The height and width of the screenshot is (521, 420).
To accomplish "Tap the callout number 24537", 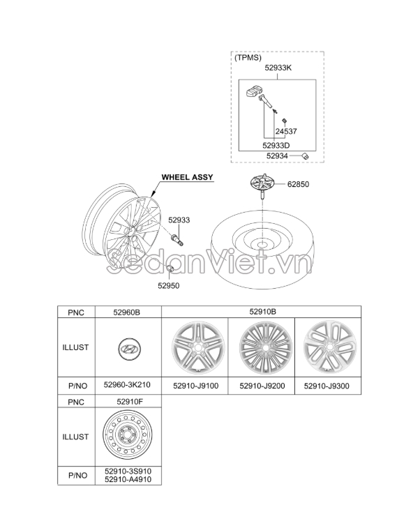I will tap(286, 131).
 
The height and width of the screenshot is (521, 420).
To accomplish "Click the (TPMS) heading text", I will tap(248, 59).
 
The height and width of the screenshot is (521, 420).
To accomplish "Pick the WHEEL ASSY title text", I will tap(188, 178).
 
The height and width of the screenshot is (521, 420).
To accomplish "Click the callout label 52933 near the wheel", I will tap(179, 220).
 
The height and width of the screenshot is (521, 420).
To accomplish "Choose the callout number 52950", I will tap(168, 285).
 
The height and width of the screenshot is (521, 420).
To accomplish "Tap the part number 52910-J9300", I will tap(327, 384).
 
